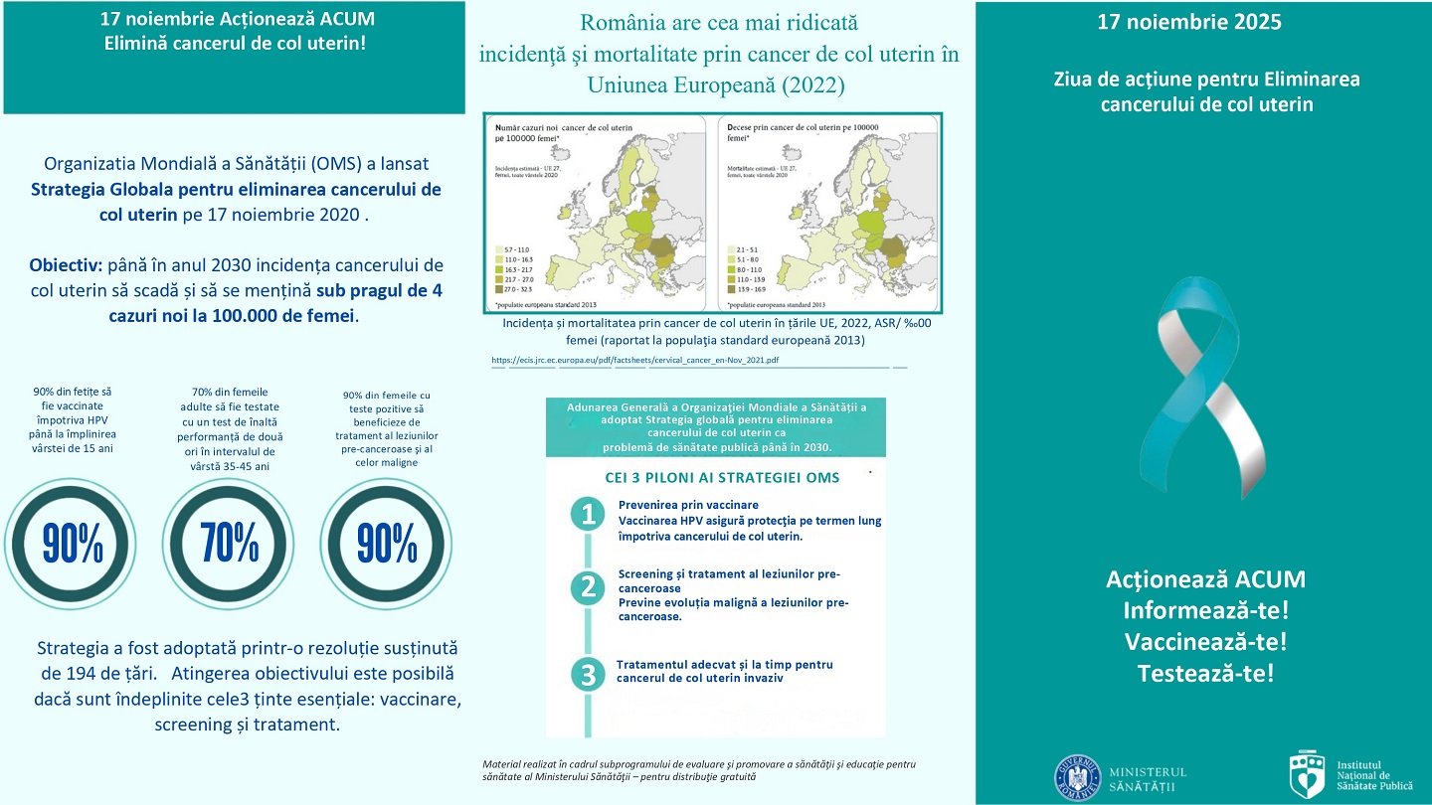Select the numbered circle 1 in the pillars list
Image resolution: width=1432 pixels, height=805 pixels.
pyautogui.click(x=589, y=515)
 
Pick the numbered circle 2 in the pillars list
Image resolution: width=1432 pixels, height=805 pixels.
pyautogui.click(x=589, y=588)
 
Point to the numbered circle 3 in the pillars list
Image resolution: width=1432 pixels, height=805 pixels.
pyautogui.click(x=589, y=675)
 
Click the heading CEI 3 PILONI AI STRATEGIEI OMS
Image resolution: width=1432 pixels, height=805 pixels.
pyautogui.click(x=722, y=478)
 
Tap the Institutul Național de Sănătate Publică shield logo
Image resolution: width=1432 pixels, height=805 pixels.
pyautogui.click(x=1307, y=775)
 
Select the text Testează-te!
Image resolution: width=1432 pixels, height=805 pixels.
pyautogui.click(x=1205, y=673)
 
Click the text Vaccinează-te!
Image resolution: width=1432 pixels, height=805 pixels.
pyautogui.click(x=1205, y=642)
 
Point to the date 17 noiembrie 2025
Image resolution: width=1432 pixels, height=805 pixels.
pyautogui.click(x=1189, y=22)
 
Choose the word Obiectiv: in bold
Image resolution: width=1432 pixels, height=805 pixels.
pyautogui.click(x=70, y=266)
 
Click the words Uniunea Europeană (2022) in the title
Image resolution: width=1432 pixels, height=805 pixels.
pyautogui.click(x=716, y=85)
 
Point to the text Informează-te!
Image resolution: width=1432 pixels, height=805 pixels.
pyautogui.click(x=1205, y=610)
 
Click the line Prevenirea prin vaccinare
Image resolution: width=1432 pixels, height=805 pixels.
pyautogui.click(x=688, y=505)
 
